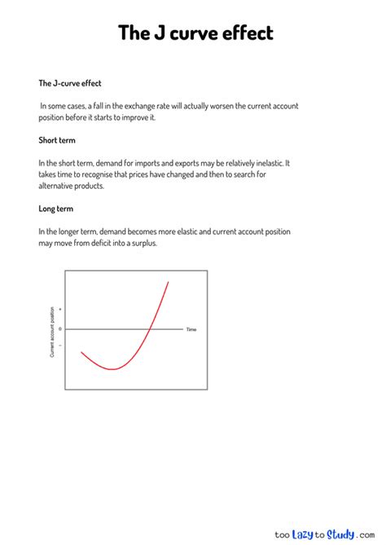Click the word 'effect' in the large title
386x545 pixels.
coord(243,33)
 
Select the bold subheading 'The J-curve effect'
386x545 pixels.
coord(70,83)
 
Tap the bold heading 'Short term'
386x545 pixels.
coord(57,140)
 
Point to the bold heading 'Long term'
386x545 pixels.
coord(56,209)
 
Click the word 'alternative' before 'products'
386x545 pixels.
coord(59,186)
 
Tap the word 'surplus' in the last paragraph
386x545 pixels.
coord(137,243)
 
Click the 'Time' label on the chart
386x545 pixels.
coord(191,330)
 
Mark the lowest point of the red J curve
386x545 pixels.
coord(113,369)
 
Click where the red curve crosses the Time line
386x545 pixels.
coord(149,329)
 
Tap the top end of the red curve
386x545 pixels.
coord(169,282)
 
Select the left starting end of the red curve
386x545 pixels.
coord(81,352)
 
